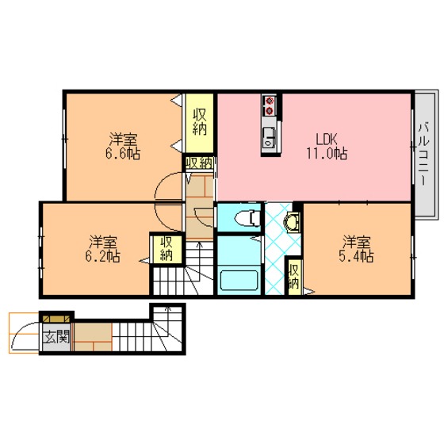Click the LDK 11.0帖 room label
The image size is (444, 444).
[x=327, y=146]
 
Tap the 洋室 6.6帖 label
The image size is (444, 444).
[x=123, y=146]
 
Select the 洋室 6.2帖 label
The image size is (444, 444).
[x=103, y=249]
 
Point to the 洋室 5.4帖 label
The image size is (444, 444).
[x=356, y=249]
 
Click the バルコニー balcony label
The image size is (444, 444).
[x=424, y=154]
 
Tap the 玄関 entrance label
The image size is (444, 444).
[x=56, y=337]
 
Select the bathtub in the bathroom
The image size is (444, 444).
[x=239, y=281]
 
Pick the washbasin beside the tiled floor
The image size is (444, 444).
[x=292, y=223]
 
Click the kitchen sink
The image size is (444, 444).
[x=269, y=137]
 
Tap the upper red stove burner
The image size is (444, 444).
[x=270, y=101]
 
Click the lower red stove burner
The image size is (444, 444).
[x=270, y=111]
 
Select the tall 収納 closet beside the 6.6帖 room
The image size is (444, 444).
[x=199, y=123]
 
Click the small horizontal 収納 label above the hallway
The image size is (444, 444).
[x=199, y=163]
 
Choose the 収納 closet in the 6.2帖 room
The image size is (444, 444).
[x=166, y=249]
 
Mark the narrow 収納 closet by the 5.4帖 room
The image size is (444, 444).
[x=294, y=277]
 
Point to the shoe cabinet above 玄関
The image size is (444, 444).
[x=56, y=319]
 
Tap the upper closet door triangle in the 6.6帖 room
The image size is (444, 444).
[x=177, y=100]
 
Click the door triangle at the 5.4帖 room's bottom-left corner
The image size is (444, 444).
[x=308, y=291]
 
